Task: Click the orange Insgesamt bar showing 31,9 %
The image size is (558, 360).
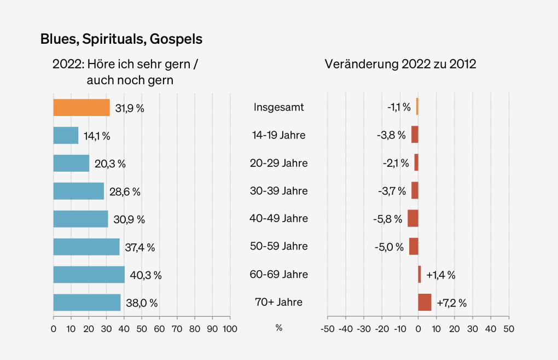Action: [81, 107]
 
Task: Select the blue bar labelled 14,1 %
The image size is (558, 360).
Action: [66, 135]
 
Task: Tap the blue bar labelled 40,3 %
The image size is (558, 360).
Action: [89, 274]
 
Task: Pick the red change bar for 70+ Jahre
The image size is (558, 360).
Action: [425, 302]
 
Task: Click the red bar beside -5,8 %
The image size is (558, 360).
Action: [412, 218]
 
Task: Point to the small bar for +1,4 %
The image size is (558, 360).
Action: [420, 274]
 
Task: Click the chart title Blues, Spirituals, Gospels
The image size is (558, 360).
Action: [121, 39]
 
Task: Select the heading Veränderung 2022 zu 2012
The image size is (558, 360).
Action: [400, 64]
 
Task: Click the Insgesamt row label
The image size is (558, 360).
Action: [278, 107]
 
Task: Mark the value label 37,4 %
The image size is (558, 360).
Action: [140, 247]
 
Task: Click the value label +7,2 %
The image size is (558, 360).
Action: [451, 303]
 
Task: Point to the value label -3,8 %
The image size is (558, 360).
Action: [391, 136]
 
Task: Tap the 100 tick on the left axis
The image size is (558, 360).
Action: [230, 328]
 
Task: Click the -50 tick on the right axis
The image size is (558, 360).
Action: [327, 328]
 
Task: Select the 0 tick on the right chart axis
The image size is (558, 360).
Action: [418, 328]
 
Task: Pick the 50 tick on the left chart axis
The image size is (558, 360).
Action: [142, 328]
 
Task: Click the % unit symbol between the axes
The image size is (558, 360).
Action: [278, 328]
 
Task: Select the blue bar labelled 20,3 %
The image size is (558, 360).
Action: [71, 163]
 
